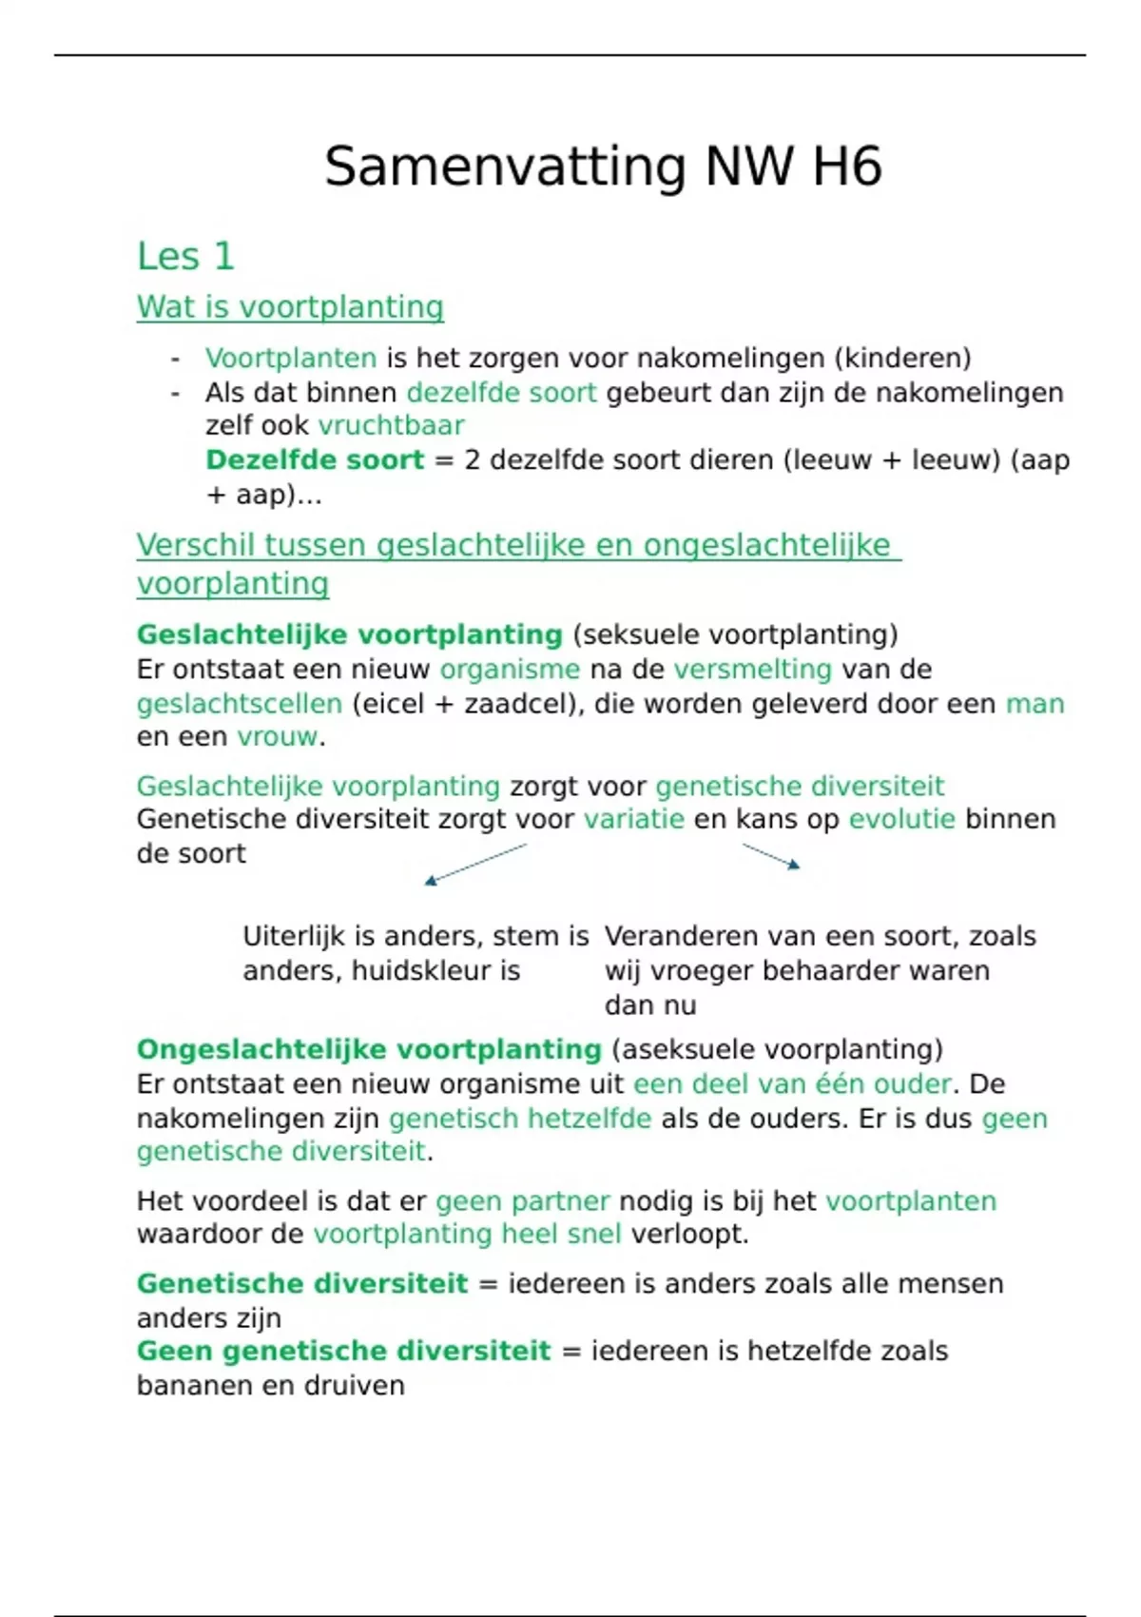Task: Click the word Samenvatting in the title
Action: point(504,167)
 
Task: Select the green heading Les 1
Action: point(185,257)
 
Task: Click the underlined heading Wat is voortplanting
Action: point(290,307)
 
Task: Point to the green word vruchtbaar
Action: point(391,426)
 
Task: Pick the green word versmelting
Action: point(752,670)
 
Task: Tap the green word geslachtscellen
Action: point(239,705)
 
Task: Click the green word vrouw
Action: point(277,737)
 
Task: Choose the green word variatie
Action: point(633,820)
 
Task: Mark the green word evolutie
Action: point(901,820)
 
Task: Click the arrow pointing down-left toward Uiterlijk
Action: point(475,865)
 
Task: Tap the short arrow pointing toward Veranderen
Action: point(770,856)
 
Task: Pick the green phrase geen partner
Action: point(522,1201)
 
